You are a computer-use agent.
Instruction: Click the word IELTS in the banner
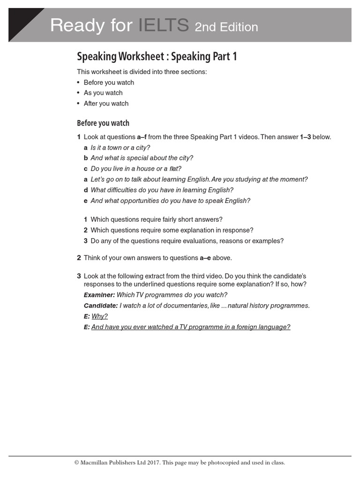point(164,25)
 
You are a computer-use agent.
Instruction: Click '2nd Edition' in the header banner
point(226,27)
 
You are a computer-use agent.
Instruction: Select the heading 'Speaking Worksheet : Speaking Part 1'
point(157,57)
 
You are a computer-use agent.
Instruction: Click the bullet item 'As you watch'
point(103,93)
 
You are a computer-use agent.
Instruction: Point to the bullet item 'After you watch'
point(106,104)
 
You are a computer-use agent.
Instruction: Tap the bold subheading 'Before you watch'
point(103,123)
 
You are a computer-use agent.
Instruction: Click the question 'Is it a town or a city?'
point(120,148)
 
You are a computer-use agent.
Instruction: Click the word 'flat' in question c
point(175,169)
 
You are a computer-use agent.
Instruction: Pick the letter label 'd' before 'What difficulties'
point(86,190)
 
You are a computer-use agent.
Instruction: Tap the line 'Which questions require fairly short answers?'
point(157,219)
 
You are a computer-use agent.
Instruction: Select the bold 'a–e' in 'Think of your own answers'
point(205,258)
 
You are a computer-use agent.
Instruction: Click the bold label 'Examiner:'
point(99,295)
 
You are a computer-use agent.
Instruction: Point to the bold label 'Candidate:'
point(101,306)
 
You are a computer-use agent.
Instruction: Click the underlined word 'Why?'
point(99,316)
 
